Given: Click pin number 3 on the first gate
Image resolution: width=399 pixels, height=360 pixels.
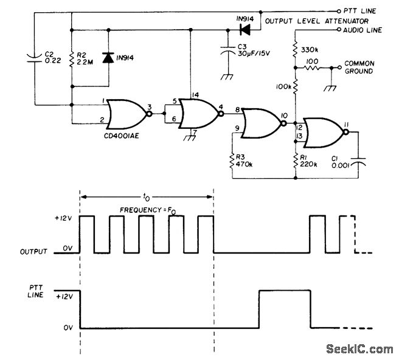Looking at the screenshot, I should point(148,106).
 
